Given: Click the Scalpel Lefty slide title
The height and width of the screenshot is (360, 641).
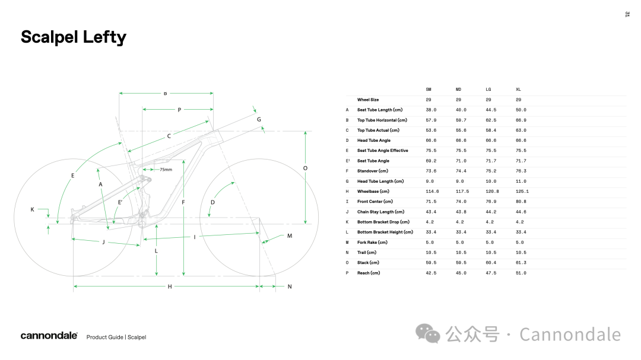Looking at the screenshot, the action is [x=74, y=37].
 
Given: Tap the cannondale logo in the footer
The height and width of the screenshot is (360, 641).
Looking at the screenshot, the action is [x=49, y=336].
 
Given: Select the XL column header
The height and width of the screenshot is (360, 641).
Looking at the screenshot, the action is [x=518, y=89].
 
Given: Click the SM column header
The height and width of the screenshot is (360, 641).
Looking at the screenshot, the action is [x=429, y=89].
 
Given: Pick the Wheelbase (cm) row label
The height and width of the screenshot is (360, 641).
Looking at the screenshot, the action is [x=373, y=191].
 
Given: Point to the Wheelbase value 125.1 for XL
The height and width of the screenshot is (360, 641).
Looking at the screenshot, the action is [x=522, y=191].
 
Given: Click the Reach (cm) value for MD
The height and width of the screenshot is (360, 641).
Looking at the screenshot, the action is [x=461, y=273].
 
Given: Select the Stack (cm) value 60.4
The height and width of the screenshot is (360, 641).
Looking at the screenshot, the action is [x=491, y=263].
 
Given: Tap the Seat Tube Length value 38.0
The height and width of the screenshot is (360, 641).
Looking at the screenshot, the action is [x=431, y=110].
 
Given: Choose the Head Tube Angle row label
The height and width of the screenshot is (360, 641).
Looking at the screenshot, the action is [x=374, y=140].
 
